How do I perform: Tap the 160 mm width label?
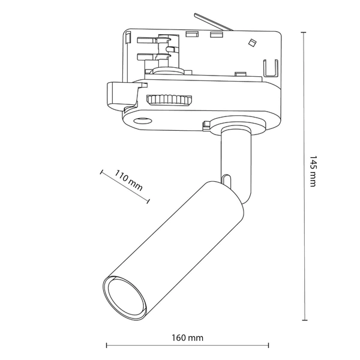[x=187, y=338]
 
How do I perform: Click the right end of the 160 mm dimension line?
[x=268, y=346]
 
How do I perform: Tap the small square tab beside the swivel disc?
[x=208, y=125]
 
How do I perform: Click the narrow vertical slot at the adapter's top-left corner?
[x=129, y=38]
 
